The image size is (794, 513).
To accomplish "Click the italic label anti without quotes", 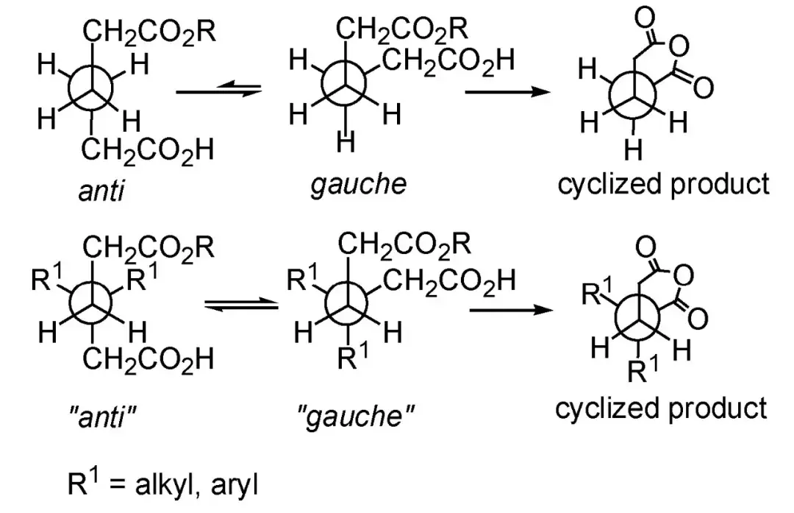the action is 101,191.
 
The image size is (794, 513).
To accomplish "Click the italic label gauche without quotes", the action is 359,185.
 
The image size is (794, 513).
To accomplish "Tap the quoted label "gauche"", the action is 356,417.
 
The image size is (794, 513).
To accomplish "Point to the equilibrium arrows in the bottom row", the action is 241,305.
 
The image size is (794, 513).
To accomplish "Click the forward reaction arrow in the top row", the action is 507,92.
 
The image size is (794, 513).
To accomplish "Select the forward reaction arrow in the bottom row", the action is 512,308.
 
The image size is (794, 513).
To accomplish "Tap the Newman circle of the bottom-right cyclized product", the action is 639,319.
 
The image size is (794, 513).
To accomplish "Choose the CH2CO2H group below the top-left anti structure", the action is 148,151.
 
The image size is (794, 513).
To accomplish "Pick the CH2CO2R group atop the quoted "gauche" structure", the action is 404,245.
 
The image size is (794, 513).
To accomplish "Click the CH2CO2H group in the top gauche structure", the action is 449,62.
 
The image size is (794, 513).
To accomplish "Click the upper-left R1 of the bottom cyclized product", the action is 598,291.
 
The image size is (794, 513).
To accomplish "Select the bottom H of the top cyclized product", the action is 633,150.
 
